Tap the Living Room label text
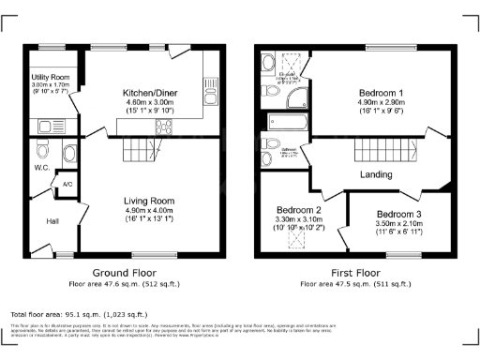click(x=151, y=200)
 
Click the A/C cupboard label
click(x=67, y=184)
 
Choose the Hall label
click(x=52, y=221)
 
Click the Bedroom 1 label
click(x=381, y=94)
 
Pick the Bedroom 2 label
click(x=299, y=209)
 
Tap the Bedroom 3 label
click(x=399, y=215)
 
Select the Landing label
click(x=375, y=174)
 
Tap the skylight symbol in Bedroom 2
click(x=299, y=239)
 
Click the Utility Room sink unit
click(x=48, y=123)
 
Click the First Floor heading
click(x=355, y=273)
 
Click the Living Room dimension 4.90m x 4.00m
click(x=151, y=211)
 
